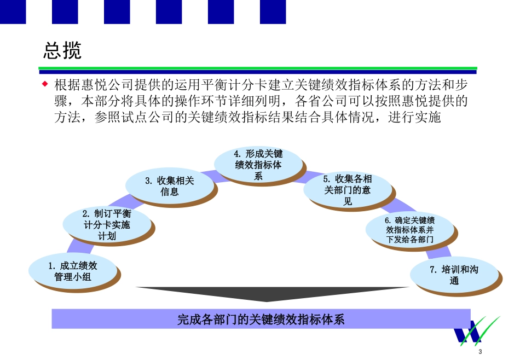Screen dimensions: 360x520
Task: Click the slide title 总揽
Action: (x=62, y=50)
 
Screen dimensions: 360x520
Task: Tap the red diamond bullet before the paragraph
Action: (x=45, y=84)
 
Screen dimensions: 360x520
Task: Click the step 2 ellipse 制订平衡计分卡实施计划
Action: (x=107, y=224)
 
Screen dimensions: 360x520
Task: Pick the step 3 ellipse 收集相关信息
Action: (x=169, y=186)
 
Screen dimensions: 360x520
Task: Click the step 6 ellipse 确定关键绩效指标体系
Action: (x=409, y=230)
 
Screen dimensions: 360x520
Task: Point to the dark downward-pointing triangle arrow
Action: (x=272, y=296)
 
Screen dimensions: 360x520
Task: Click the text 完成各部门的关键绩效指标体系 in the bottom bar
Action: (x=261, y=319)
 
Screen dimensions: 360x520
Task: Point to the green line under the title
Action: (x=257, y=68)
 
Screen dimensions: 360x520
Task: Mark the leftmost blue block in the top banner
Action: (x=13, y=11)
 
